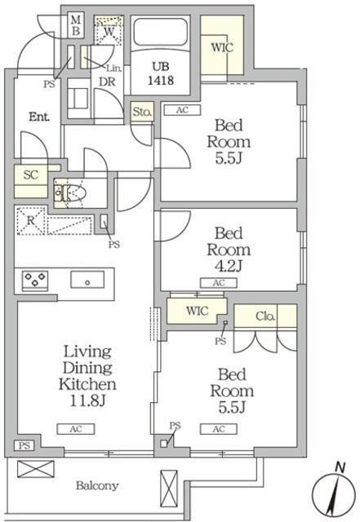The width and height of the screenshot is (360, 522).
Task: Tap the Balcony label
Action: click(x=98, y=485)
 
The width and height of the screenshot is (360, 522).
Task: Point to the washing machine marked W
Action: click(x=108, y=31)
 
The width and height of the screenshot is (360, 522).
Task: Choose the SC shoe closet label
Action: click(x=31, y=175)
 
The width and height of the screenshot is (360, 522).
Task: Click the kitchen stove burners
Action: click(x=35, y=280)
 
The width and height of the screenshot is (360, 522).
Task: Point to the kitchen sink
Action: click(x=86, y=280)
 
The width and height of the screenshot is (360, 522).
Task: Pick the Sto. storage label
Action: click(x=142, y=112)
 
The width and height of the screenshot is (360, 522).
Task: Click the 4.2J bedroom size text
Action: click(x=228, y=266)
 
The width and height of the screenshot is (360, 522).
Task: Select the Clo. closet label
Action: click(x=265, y=316)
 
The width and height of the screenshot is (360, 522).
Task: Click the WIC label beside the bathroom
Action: click(x=221, y=47)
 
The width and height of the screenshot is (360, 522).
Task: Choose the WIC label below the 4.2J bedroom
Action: click(x=196, y=312)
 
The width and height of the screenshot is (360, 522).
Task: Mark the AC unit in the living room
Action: click(x=74, y=428)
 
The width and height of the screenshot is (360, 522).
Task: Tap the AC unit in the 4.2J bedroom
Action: click(x=219, y=282)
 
